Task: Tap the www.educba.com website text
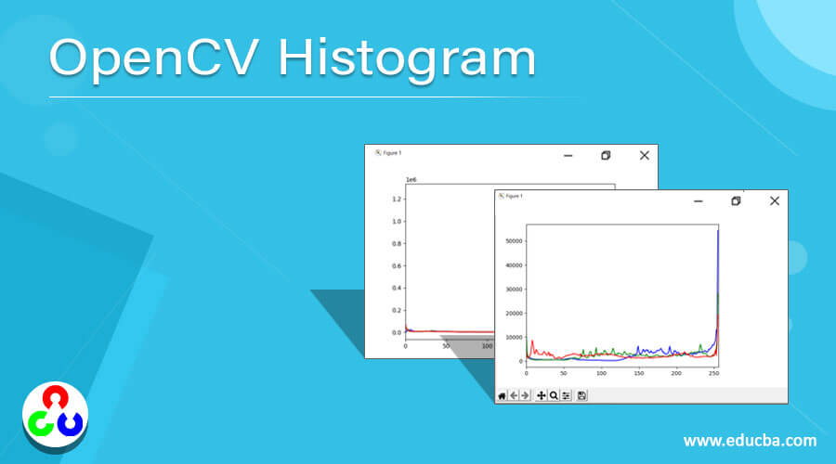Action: coord(751,441)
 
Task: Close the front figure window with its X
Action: coord(773,200)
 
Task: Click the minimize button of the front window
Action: coord(698,201)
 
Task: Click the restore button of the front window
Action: coord(736,200)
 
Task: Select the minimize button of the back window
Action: coord(568,156)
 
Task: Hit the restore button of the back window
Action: coord(606,156)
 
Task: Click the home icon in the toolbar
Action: coord(503,396)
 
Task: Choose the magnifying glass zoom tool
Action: coord(554,396)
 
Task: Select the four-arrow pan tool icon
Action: coord(542,396)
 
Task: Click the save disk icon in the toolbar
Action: coord(581,396)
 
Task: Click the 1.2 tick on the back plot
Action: coord(397,200)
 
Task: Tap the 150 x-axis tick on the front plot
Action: coord(638,373)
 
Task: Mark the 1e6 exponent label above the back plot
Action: coord(411,180)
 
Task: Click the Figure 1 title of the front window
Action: coord(514,196)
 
